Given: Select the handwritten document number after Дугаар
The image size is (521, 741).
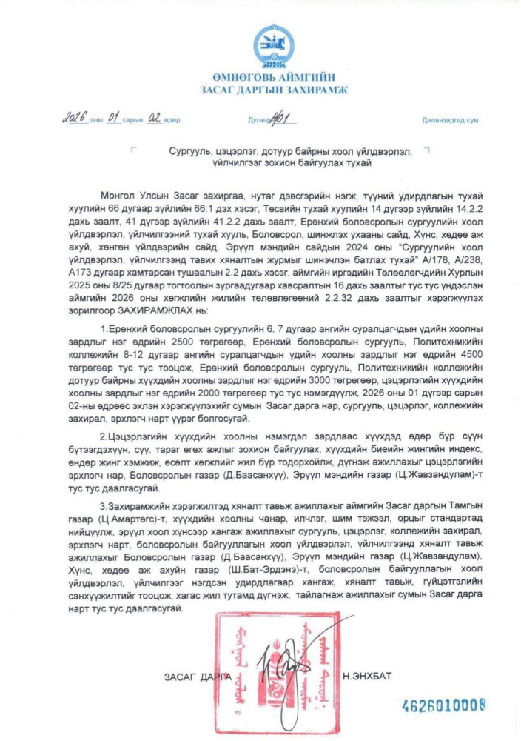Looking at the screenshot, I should click(x=287, y=117).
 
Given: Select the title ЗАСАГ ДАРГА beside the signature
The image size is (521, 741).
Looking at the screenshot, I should click(x=197, y=677).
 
